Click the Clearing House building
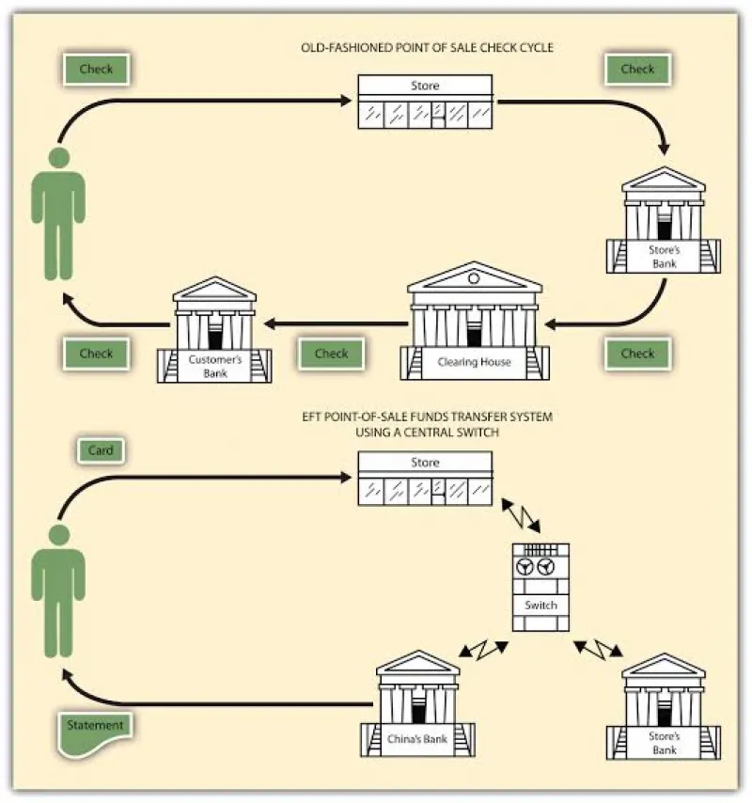tap(475, 322)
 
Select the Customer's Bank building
tap(214, 330)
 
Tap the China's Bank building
tap(417, 703)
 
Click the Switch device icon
tap(540, 587)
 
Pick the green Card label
tap(101, 450)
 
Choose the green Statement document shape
tap(95, 733)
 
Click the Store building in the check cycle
tap(425, 102)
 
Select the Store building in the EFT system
tap(425, 479)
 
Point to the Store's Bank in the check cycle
tap(664, 220)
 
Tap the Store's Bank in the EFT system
tap(664, 706)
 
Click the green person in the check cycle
tap(58, 213)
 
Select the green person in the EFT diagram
tap(58, 591)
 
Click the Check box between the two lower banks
tap(331, 354)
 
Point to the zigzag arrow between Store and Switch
tap(521, 515)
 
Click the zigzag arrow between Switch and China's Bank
tap(483, 650)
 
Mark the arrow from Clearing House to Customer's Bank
tap(336, 323)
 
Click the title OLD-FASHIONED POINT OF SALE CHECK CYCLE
tap(427, 48)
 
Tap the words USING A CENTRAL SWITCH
tap(427, 433)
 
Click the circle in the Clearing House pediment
tap(474, 278)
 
